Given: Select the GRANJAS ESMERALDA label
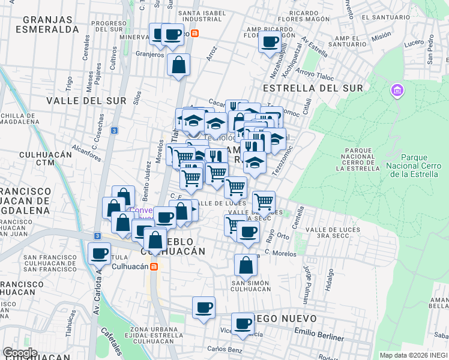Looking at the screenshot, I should (x=47, y=23).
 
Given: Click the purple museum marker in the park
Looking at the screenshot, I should (x=396, y=91).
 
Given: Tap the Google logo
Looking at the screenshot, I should (x=20, y=353).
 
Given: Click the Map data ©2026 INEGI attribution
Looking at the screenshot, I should (x=413, y=355).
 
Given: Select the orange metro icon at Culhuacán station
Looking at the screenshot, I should (x=154, y=266).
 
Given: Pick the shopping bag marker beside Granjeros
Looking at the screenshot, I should (x=178, y=64).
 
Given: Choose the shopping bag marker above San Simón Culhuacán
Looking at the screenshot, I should (x=246, y=264).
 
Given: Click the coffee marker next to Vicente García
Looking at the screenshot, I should (x=243, y=323).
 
